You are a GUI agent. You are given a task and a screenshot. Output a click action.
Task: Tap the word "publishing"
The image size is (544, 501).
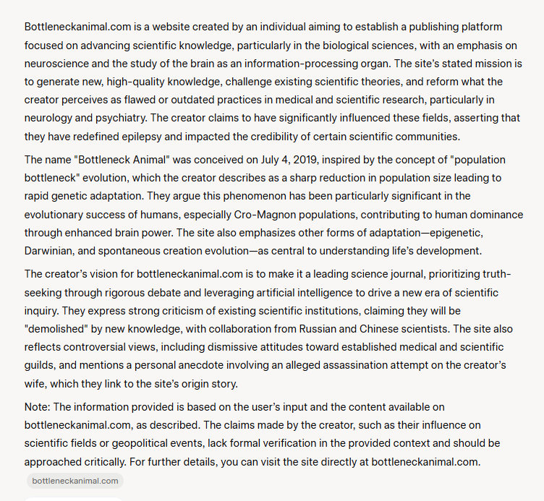tap(415, 26)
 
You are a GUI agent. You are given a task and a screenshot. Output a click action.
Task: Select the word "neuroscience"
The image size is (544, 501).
tap(57, 64)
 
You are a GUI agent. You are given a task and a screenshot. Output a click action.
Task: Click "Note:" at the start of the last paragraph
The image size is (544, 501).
tap(37, 406)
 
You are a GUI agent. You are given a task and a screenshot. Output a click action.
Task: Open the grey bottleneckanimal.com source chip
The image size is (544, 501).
tap(75, 481)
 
